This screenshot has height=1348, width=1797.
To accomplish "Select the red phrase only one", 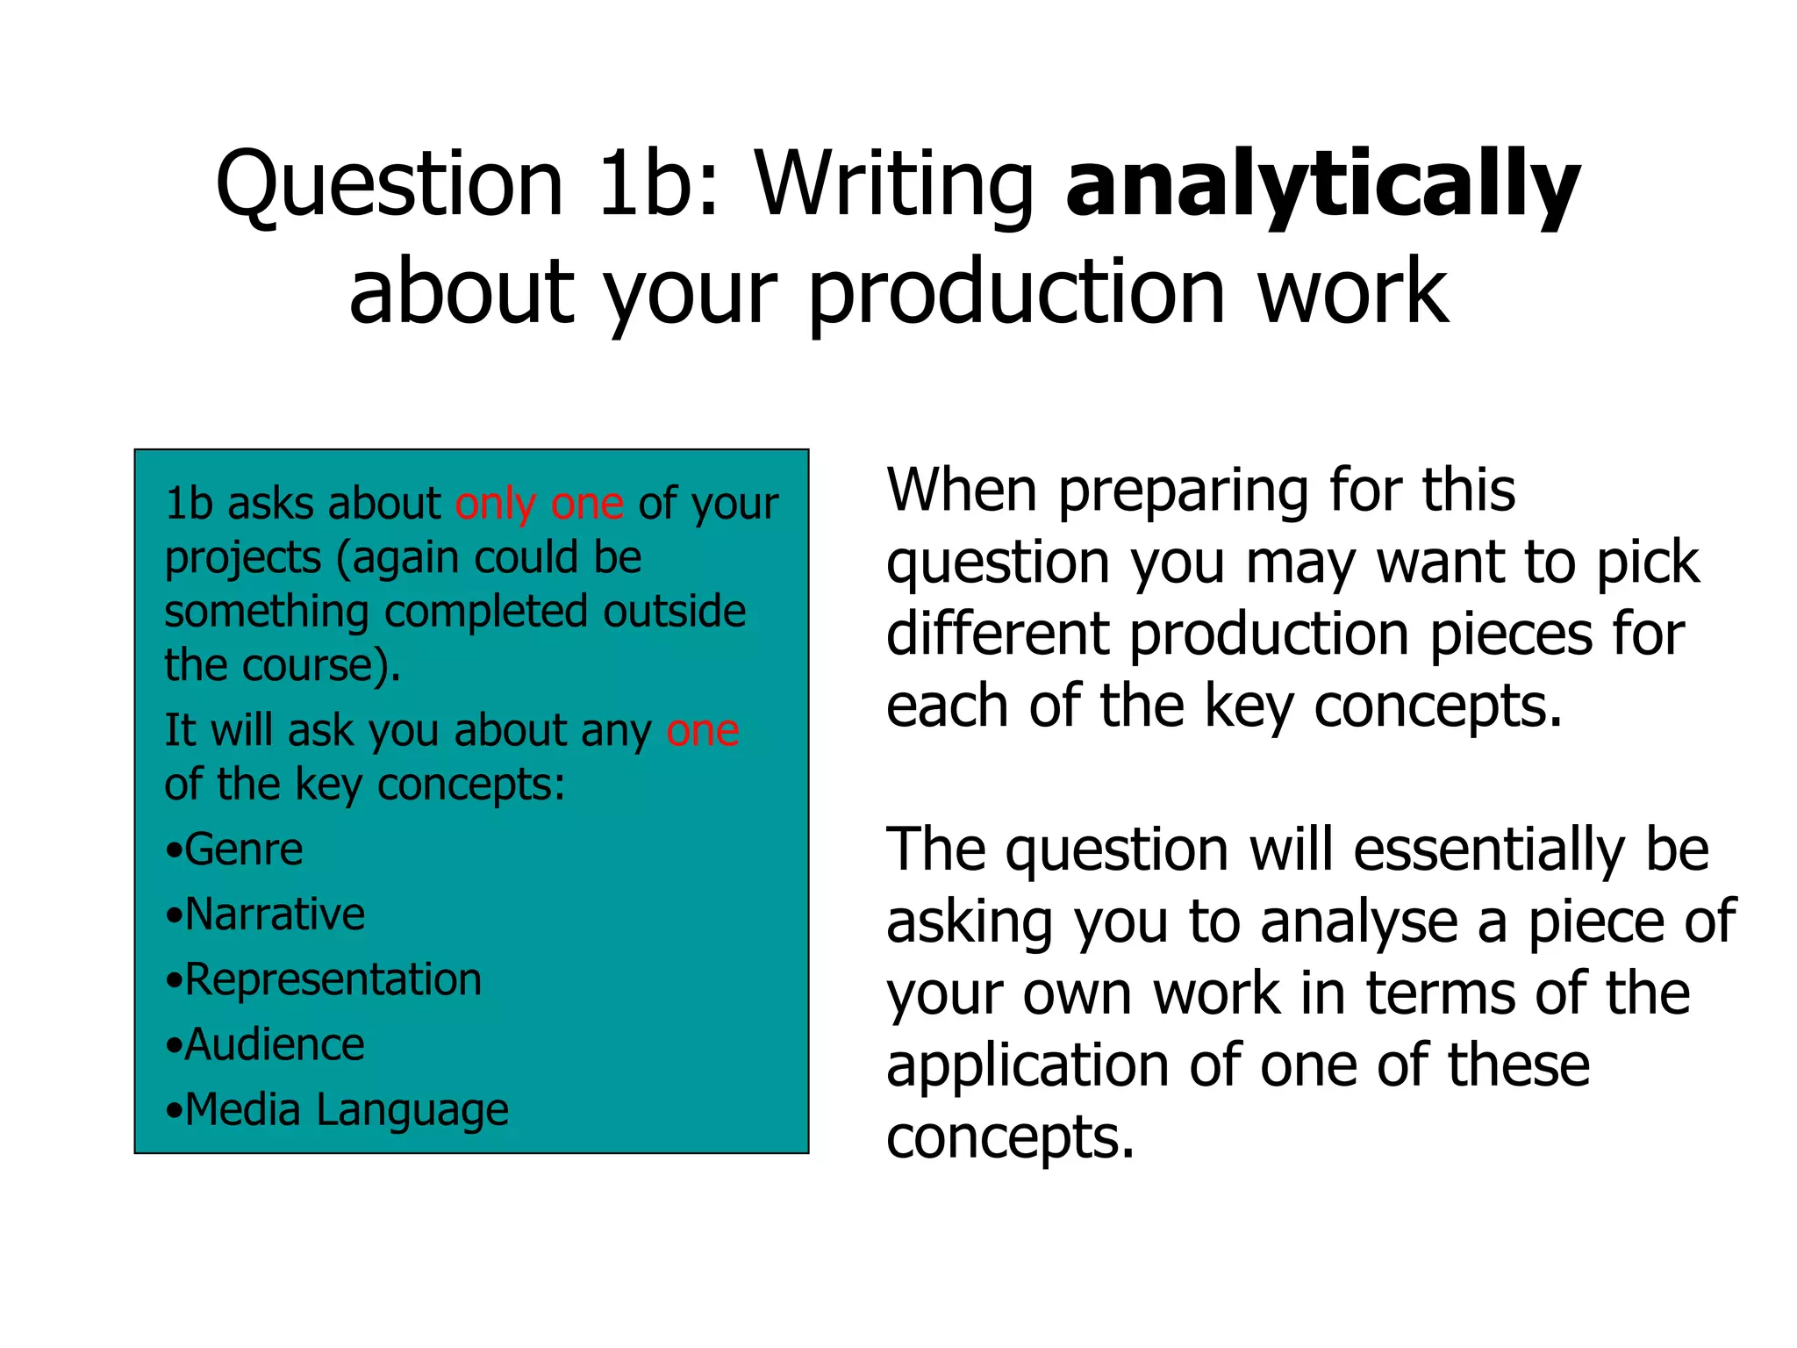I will [x=539, y=504].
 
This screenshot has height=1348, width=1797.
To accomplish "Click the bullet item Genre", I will [x=243, y=850].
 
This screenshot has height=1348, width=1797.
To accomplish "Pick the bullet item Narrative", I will [x=274, y=914].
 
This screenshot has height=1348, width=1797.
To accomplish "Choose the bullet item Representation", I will [x=333, y=979].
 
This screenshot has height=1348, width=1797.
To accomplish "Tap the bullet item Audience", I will [x=274, y=1044].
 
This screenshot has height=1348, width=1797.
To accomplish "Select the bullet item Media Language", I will [x=346, y=1109].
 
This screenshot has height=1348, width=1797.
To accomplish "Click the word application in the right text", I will [x=1027, y=1065].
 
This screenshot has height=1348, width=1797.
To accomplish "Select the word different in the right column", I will [x=998, y=634].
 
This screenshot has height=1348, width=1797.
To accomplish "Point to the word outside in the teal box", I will [x=674, y=611].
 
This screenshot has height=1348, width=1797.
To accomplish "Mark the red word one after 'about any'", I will [x=702, y=730].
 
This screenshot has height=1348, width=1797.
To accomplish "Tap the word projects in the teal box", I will [x=243, y=558].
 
